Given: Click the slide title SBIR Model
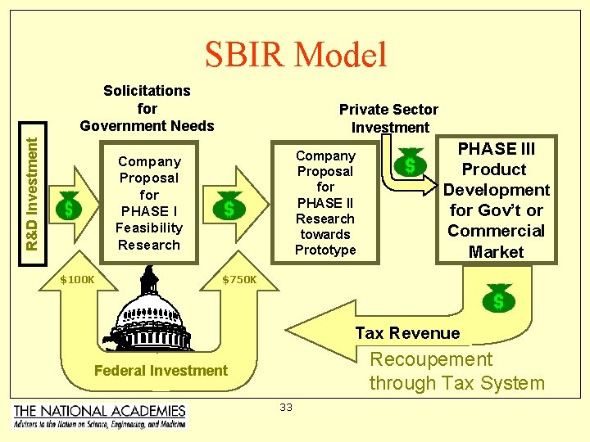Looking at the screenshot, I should coord(295,55).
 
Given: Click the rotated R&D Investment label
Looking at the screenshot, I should coord(32,193).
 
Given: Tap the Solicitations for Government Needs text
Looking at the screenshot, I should coord(147,108).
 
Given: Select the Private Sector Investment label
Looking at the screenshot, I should coord(389,118).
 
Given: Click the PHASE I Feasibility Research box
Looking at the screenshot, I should coord(148,203).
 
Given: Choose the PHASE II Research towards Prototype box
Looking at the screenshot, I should coord(325,203).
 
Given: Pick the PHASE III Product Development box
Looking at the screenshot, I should coord(496,200).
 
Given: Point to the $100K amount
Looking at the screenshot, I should coord(78,280).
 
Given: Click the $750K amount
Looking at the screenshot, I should coord(239,280).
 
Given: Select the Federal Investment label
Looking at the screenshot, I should coord(161,370).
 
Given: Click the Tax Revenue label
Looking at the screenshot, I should coord(407,332).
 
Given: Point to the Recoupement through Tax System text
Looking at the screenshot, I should coord(456,371).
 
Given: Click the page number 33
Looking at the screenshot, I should coord(285,408).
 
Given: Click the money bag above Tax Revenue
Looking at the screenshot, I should coord(498,298).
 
